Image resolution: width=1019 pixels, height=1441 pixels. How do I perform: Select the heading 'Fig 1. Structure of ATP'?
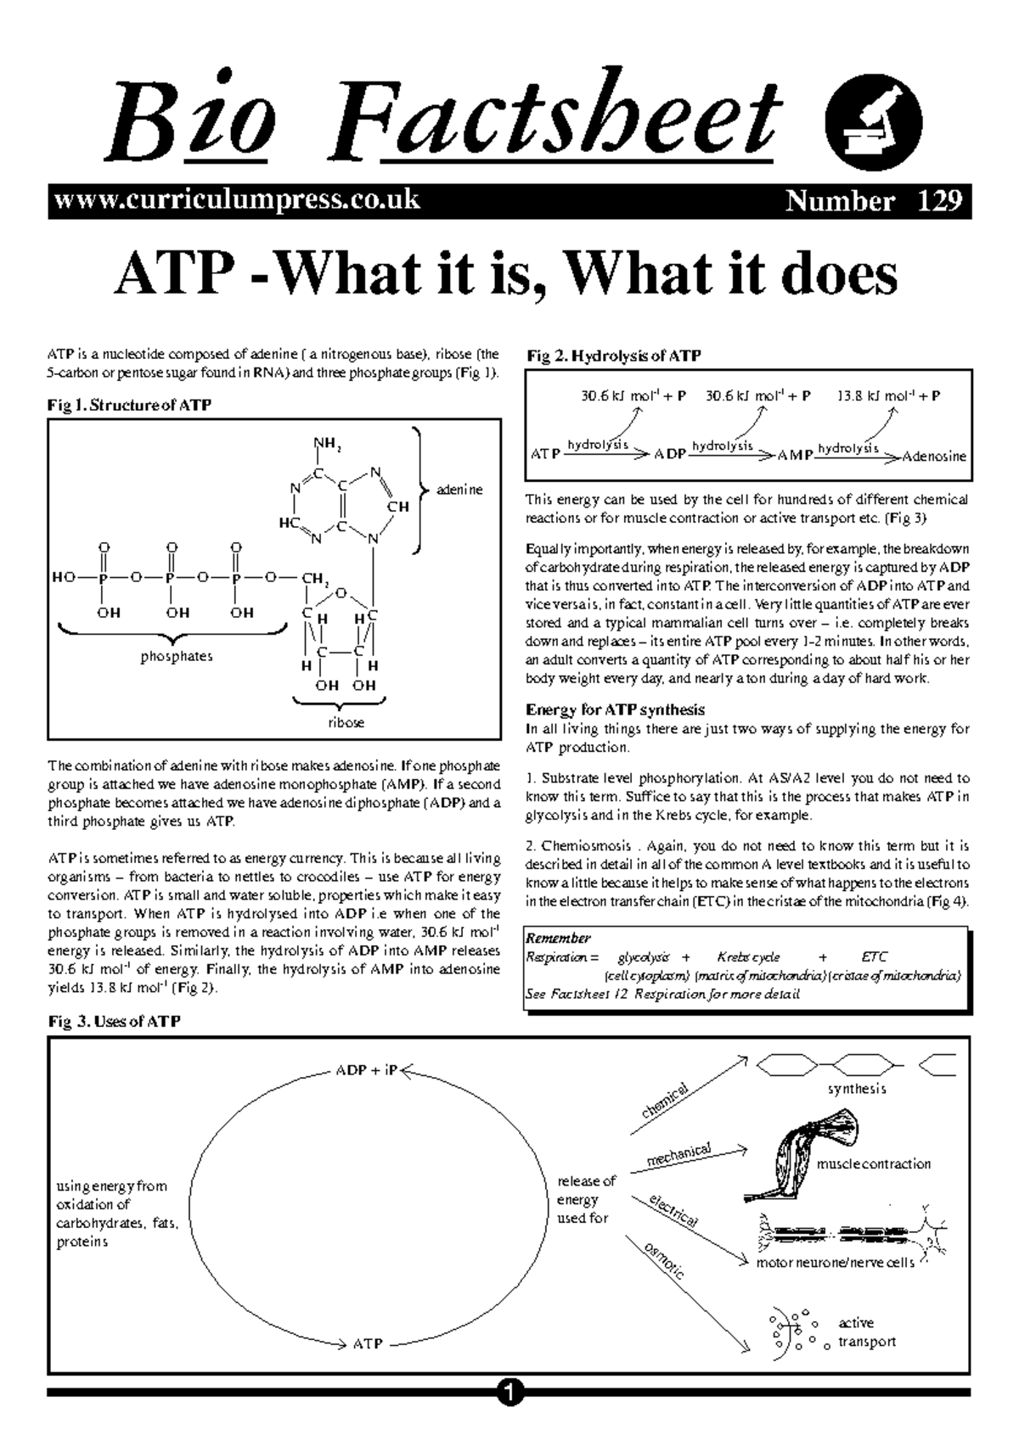coord(129,405)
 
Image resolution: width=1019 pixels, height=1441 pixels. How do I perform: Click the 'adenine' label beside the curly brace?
coord(459,490)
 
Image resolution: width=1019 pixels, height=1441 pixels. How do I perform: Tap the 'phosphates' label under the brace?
coord(177,656)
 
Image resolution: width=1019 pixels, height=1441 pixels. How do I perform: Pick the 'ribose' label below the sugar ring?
coord(346,722)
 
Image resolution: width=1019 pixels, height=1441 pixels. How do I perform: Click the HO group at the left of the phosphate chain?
coord(65,579)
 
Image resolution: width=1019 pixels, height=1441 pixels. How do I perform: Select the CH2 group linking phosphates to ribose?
coord(314,580)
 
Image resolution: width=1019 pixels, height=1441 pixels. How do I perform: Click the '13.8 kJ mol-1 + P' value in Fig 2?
coord(888,395)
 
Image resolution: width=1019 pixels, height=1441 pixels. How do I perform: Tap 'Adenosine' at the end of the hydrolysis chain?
coord(933,457)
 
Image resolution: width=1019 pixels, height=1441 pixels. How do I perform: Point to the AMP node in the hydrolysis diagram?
coord(795,456)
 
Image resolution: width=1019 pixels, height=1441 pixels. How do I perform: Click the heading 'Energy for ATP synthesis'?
coord(615,709)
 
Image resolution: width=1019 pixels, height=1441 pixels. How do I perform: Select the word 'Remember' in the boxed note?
coord(558,938)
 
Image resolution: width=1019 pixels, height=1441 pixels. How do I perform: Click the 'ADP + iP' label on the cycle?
coord(366,1070)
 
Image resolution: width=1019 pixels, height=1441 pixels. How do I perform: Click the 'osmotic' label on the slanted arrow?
coord(663,1260)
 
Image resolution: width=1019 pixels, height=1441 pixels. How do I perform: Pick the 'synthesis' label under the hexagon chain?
coord(856,1089)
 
